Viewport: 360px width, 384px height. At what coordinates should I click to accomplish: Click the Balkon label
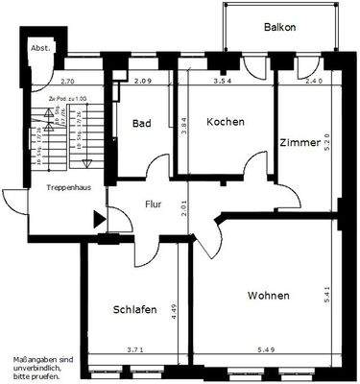point(280,28)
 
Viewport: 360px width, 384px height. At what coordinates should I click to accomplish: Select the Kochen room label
point(226,123)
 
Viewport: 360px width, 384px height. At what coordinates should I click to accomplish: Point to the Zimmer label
point(300,141)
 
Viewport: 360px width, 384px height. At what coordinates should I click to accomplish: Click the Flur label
point(154,204)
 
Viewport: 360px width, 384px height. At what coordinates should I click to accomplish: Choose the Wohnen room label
point(268,296)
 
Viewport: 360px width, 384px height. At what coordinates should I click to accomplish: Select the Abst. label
point(40,47)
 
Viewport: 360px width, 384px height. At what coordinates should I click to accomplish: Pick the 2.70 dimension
point(68,82)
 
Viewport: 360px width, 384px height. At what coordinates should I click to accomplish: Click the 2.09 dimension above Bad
point(144,82)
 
